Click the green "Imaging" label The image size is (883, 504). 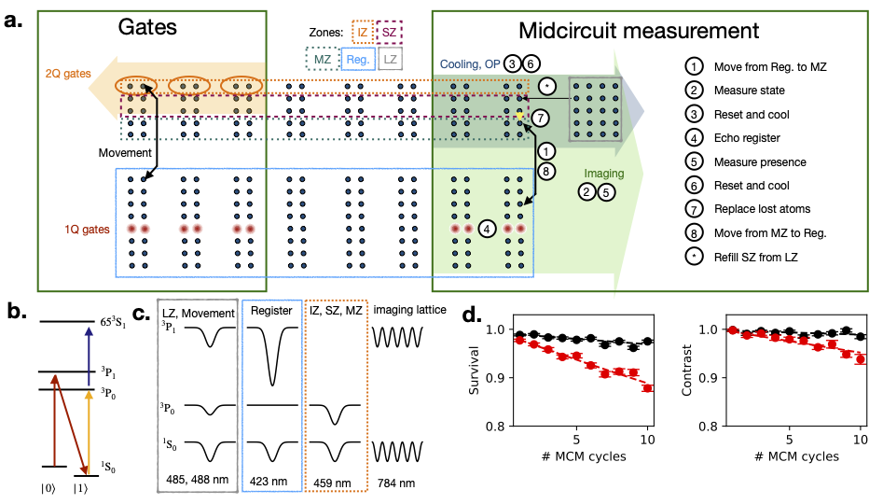tap(603, 174)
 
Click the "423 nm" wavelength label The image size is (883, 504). tap(268, 482)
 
